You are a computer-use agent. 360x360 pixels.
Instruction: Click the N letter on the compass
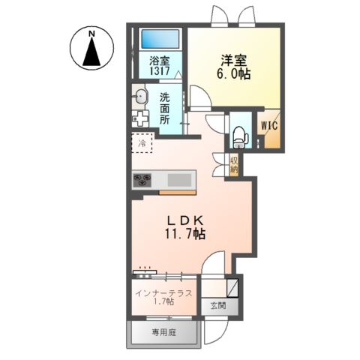click(x=92, y=33)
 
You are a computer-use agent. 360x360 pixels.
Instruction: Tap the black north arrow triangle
click(x=91, y=52)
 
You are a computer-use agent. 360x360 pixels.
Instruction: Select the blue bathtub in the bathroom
click(x=160, y=39)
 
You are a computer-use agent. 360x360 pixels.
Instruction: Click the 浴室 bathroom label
click(x=160, y=61)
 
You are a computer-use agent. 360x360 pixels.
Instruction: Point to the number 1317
click(x=160, y=71)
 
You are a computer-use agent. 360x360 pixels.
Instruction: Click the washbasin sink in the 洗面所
click(x=141, y=96)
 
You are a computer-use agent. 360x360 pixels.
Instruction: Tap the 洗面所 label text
click(x=165, y=109)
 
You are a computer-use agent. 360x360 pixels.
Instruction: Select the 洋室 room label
click(x=233, y=60)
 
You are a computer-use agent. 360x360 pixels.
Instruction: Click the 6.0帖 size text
click(x=233, y=73)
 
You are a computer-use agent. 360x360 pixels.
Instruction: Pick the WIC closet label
click(x=269, y=126)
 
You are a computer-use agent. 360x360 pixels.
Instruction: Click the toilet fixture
click(x=241, y=137)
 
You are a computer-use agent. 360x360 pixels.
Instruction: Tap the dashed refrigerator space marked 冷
click(x=142, y=142)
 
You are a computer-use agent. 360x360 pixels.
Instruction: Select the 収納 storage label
click(x=234, y=165)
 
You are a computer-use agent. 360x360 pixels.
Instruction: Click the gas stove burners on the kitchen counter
click(x=142, y=180)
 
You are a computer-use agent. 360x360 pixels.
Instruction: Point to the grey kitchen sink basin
click(x=179, y=180)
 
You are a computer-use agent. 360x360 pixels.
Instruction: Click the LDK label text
click(x=184, y=221)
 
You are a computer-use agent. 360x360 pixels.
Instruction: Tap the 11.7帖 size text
click(x=184, y=234)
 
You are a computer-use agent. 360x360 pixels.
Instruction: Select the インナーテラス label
click(x=163, y=293)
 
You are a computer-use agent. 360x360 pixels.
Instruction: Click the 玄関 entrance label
click(x=218, y=306)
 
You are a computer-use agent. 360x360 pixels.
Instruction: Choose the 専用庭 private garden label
click(x=163, y=332)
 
